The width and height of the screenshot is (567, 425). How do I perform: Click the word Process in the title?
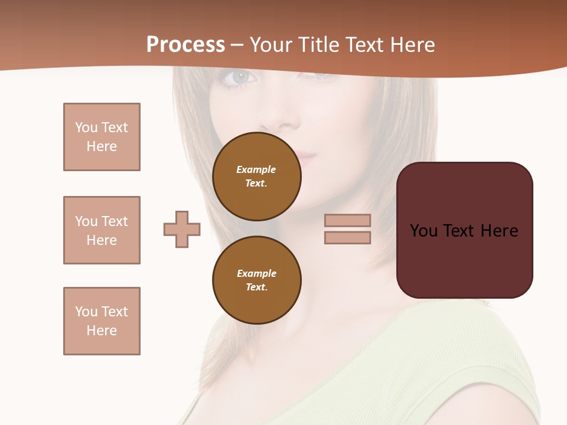pos(185,45)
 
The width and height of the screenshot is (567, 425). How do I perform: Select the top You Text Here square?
pos(102,137)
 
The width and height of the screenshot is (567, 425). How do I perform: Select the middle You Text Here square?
pos(102,230)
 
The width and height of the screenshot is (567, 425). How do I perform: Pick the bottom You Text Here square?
pos(102,321)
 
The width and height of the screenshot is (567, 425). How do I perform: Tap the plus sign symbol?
pos(182,229)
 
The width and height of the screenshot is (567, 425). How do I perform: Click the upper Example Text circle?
pos(256,176)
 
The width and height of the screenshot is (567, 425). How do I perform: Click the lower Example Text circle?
pos(256,280)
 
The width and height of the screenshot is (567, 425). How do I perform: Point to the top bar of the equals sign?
pos(347,221)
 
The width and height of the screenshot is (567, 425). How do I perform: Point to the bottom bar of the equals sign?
pos(347,238)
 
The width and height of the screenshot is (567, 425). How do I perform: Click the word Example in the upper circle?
pos(256,169)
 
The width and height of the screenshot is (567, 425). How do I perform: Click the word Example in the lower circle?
pos(256,273)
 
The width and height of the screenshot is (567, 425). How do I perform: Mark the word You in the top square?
pos(86,127)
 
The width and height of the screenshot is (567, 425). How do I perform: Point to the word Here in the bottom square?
pos(102,331)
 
